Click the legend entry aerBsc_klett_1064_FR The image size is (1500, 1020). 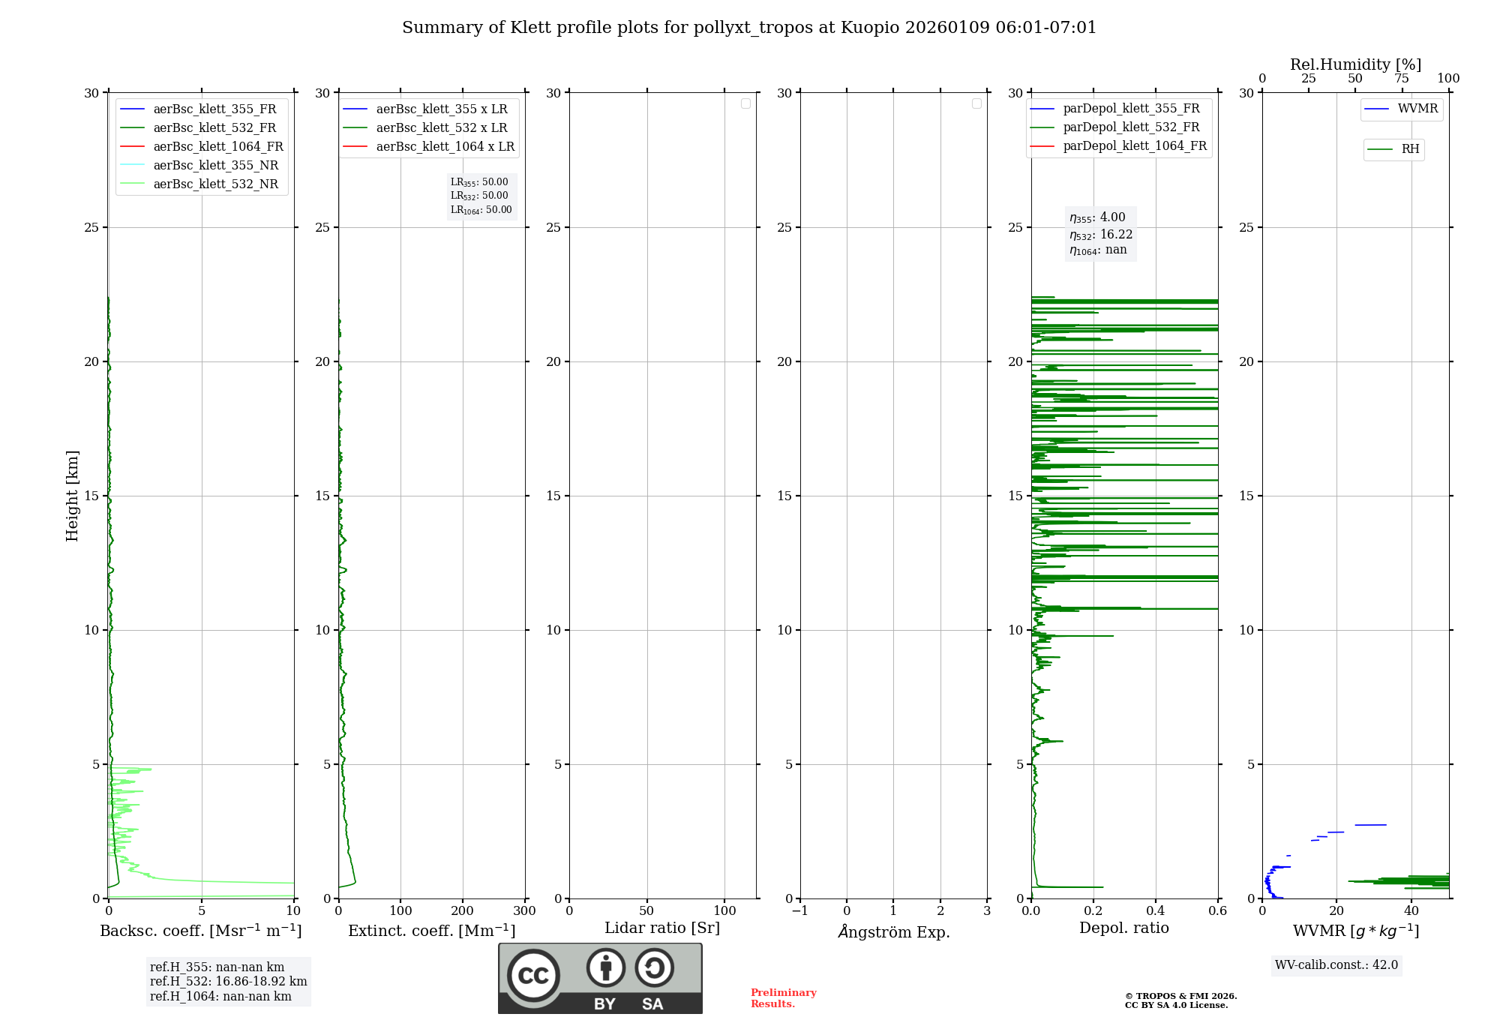pyautogui.click(x=217, y=147)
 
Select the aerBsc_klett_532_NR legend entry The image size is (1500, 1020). pyautogui.click(x=215, y=184)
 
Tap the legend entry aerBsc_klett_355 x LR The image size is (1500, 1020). pyautogui.click(x=441, y=109)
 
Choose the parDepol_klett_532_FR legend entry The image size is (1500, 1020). pyautogui.click(x=1131, y=127)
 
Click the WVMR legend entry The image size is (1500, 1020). pyautogui.click(x=1417, y=109)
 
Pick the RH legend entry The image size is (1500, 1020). pyautogui.click(x=1410, y=149)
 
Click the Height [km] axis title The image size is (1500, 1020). pyautogui.click(x=72, y=496)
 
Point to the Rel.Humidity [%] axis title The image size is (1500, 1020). pyautogui.click(x=1355, y=64)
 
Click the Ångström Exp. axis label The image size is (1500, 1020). pyautogui.click(x=893, y=932)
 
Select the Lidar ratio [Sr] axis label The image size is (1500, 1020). pyautogui.click(x=662, y=928)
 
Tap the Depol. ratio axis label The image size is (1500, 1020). pyautogui.click(x=1123, y=928)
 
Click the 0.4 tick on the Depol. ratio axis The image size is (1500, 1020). pyautogui.click(x=1156, y=911)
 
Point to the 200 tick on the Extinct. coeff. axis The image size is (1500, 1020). pyautogui.click(x=463, y=911)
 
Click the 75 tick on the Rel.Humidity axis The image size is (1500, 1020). pyautogui.click(x=1401, y=79)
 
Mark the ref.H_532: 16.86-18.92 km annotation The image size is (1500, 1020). pyautogui.click(x=228, y=982)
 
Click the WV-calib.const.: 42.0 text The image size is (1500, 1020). pyautogui.click(x=1336, y=965)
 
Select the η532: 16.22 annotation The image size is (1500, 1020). pyautogui.click(x=1100, y=235)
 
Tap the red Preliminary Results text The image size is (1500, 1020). pyautogui.click(x=783, y=998)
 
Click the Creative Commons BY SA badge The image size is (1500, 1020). pyautogui.click(x=600, y=979)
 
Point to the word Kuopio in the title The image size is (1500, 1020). pyautogui.click(x=870, y=28)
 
